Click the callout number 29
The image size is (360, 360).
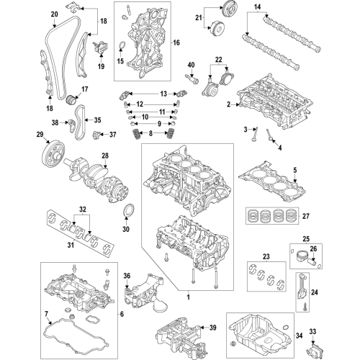coord(40,134)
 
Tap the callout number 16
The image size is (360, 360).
coord(176,42)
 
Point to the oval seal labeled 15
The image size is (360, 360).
coord(122,45)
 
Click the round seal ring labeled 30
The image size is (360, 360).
coord(129,210)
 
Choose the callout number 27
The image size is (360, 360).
coord(306,216)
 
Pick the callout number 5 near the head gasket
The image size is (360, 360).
coord(295,170)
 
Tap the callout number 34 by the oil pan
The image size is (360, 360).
coord(299,336)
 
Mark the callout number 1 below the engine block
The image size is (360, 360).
coord(189,297)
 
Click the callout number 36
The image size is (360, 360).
coord(127,276)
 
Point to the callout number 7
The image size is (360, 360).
coord(46,313)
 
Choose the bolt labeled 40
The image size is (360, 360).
coord(192,79)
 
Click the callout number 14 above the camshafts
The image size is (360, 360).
coord(257,7)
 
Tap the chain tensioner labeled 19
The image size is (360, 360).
coord(101,48)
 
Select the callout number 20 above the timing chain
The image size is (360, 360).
coord(55,14)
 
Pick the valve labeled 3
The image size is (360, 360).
coord(254,135)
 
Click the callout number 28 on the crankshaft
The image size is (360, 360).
coord(105,156)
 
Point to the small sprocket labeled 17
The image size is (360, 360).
coord(71,100)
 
